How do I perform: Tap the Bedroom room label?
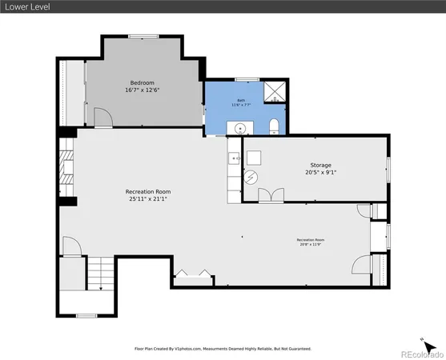tap(143, 82)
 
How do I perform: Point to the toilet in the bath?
tap(273, 126)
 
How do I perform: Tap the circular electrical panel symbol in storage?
tap(252, 178)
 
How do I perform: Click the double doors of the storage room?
tap(270, 194)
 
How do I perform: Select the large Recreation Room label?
tap(147, 191)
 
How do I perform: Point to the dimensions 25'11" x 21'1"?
tap(147, 199)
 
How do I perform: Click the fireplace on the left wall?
tap(67, 168)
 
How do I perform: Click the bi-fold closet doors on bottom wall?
tap(193, 274)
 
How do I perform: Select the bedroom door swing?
tap(102, 118)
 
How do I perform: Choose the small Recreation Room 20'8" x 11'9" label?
tap(310, 242)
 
